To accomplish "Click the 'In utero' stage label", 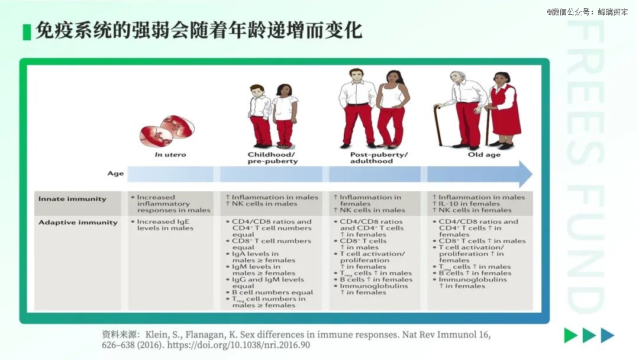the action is tap(170, 155).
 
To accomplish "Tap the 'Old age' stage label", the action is tap(484, 155).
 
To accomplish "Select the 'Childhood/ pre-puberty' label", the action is tap(272, 157).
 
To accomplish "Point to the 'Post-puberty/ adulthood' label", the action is tap(379, 157).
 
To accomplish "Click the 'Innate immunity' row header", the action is tap(72, 199).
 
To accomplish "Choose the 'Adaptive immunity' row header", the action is tap(78, 223).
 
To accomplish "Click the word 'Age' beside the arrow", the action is tap(115, 173).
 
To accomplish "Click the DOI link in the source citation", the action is tap(238, 345).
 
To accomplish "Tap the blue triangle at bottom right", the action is tap(607, 335).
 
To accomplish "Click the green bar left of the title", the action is tap(27, 32).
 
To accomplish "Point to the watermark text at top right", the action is tap(588, 12).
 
